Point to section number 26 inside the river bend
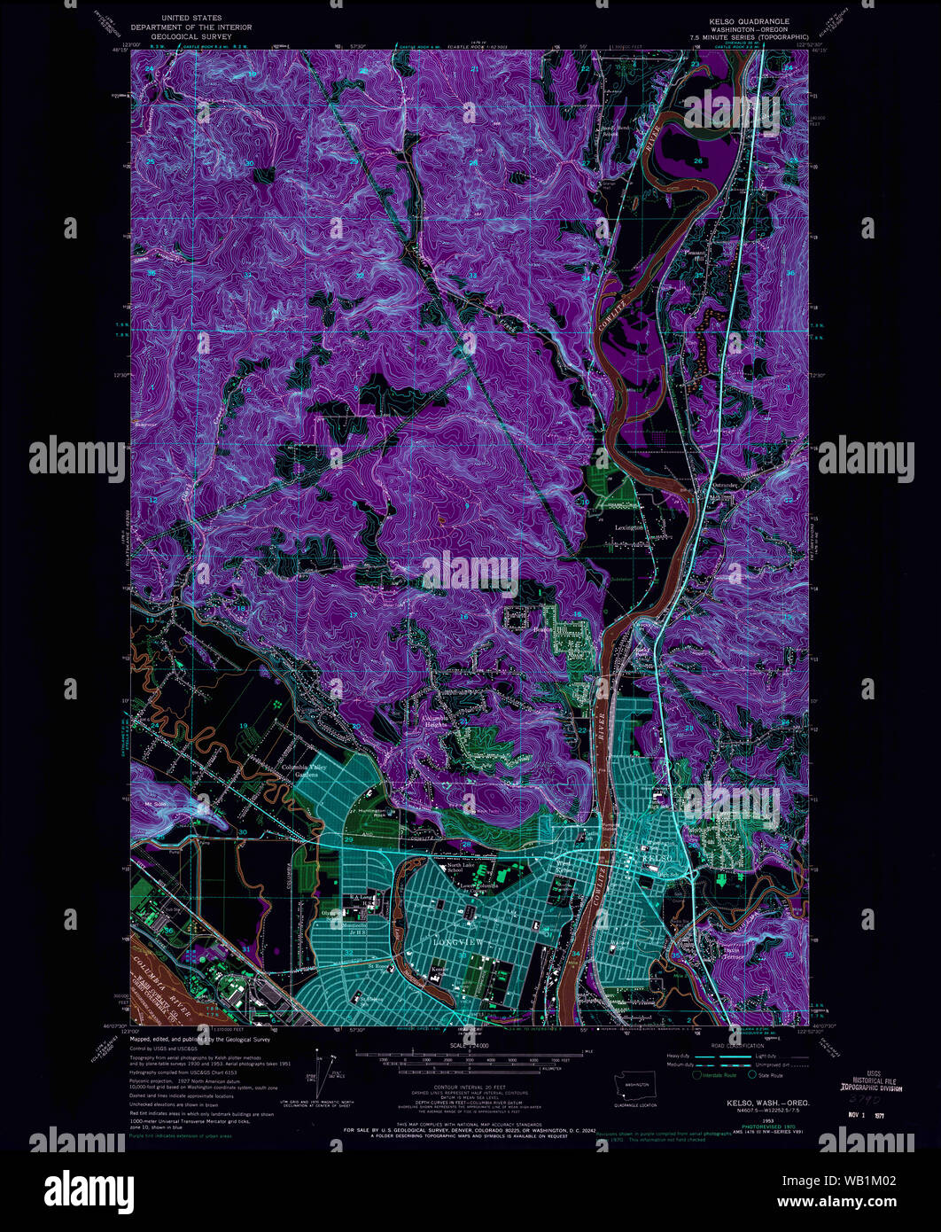tap(698, 160)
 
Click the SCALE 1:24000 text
tap(470, 1047)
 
